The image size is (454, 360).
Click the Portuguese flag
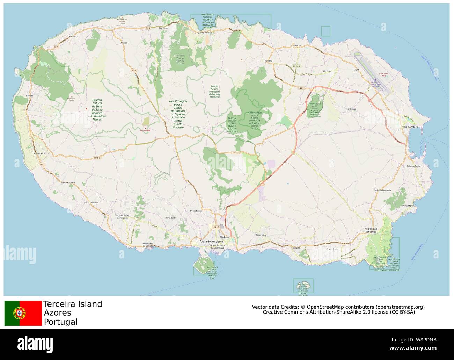pyautogui.click(x=23, y=313)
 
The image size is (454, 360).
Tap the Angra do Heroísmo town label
pyautogui.click(x=211, y=242)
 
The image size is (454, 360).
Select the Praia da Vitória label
pyautogui.click(x=410, y=127)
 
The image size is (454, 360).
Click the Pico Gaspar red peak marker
pyautogui.click(x=145, y=128)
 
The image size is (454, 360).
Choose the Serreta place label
pyautogui.click(x=30, y=96)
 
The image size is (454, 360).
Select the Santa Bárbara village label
pyautogui.click(x=68, y=183)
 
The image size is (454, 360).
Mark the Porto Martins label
pyautogui.click(x=409, y=206)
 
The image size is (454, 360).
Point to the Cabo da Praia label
pyautogui.click(x=413, y=166)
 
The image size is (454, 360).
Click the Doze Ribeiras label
pyautogui.click(x=39, y=153)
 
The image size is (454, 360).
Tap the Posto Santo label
pyautogui.click(x=196, y=211)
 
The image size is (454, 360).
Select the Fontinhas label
pyautogui.click(x=351, y=109)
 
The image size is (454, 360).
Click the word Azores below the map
pyautogui.click(x=57, y=313)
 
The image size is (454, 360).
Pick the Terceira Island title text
pyautogui.click(x=73, y=304)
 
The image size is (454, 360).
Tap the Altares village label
pyautogui.click(x=124, y=43)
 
